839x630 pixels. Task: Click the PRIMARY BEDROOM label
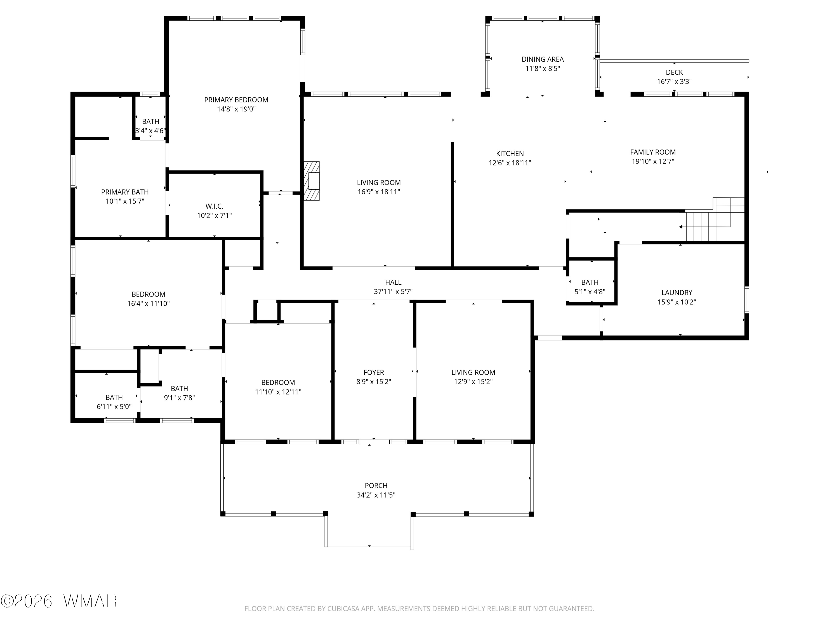(x=236, y=100)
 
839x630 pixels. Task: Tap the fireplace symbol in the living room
(x=311, y=181)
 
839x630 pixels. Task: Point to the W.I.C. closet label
(x=214, y=206)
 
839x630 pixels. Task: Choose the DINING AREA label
(x=542, y=59)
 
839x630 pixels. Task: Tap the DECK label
(x=674, y=72)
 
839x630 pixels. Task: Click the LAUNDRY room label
(x=677, y=292)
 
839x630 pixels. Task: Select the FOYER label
(x=374, y=372)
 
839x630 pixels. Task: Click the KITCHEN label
(x=510, y=153)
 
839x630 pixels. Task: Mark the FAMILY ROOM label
(x=653, y=152)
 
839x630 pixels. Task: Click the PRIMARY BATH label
(x=125, y=192)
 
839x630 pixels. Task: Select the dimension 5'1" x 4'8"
(x=590, y=292)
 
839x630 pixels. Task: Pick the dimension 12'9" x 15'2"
(x=473, y=382)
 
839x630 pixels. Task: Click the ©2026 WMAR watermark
(x=59, y=601)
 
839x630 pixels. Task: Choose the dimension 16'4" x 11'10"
(x=148, y=304)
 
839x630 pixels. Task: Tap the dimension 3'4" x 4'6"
(x=150, y=131)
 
